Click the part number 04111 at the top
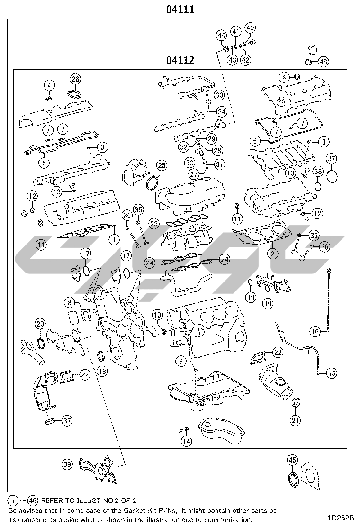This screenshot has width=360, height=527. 180,9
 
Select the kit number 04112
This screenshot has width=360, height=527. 180,60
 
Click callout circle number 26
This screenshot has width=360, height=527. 75,79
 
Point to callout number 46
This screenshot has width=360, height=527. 323,62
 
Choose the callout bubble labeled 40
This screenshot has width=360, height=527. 250,28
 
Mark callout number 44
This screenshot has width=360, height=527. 222,35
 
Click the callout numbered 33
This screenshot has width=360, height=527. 218,95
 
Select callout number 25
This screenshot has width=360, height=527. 162,165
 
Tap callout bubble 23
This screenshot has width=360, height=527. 153,223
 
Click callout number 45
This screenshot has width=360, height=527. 292,460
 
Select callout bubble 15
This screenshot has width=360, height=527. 332,373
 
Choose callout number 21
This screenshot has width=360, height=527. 295,420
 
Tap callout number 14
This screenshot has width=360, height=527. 187,441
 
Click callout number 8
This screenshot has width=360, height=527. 70,301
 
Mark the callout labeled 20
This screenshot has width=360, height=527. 40,324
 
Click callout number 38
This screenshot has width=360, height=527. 318,172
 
